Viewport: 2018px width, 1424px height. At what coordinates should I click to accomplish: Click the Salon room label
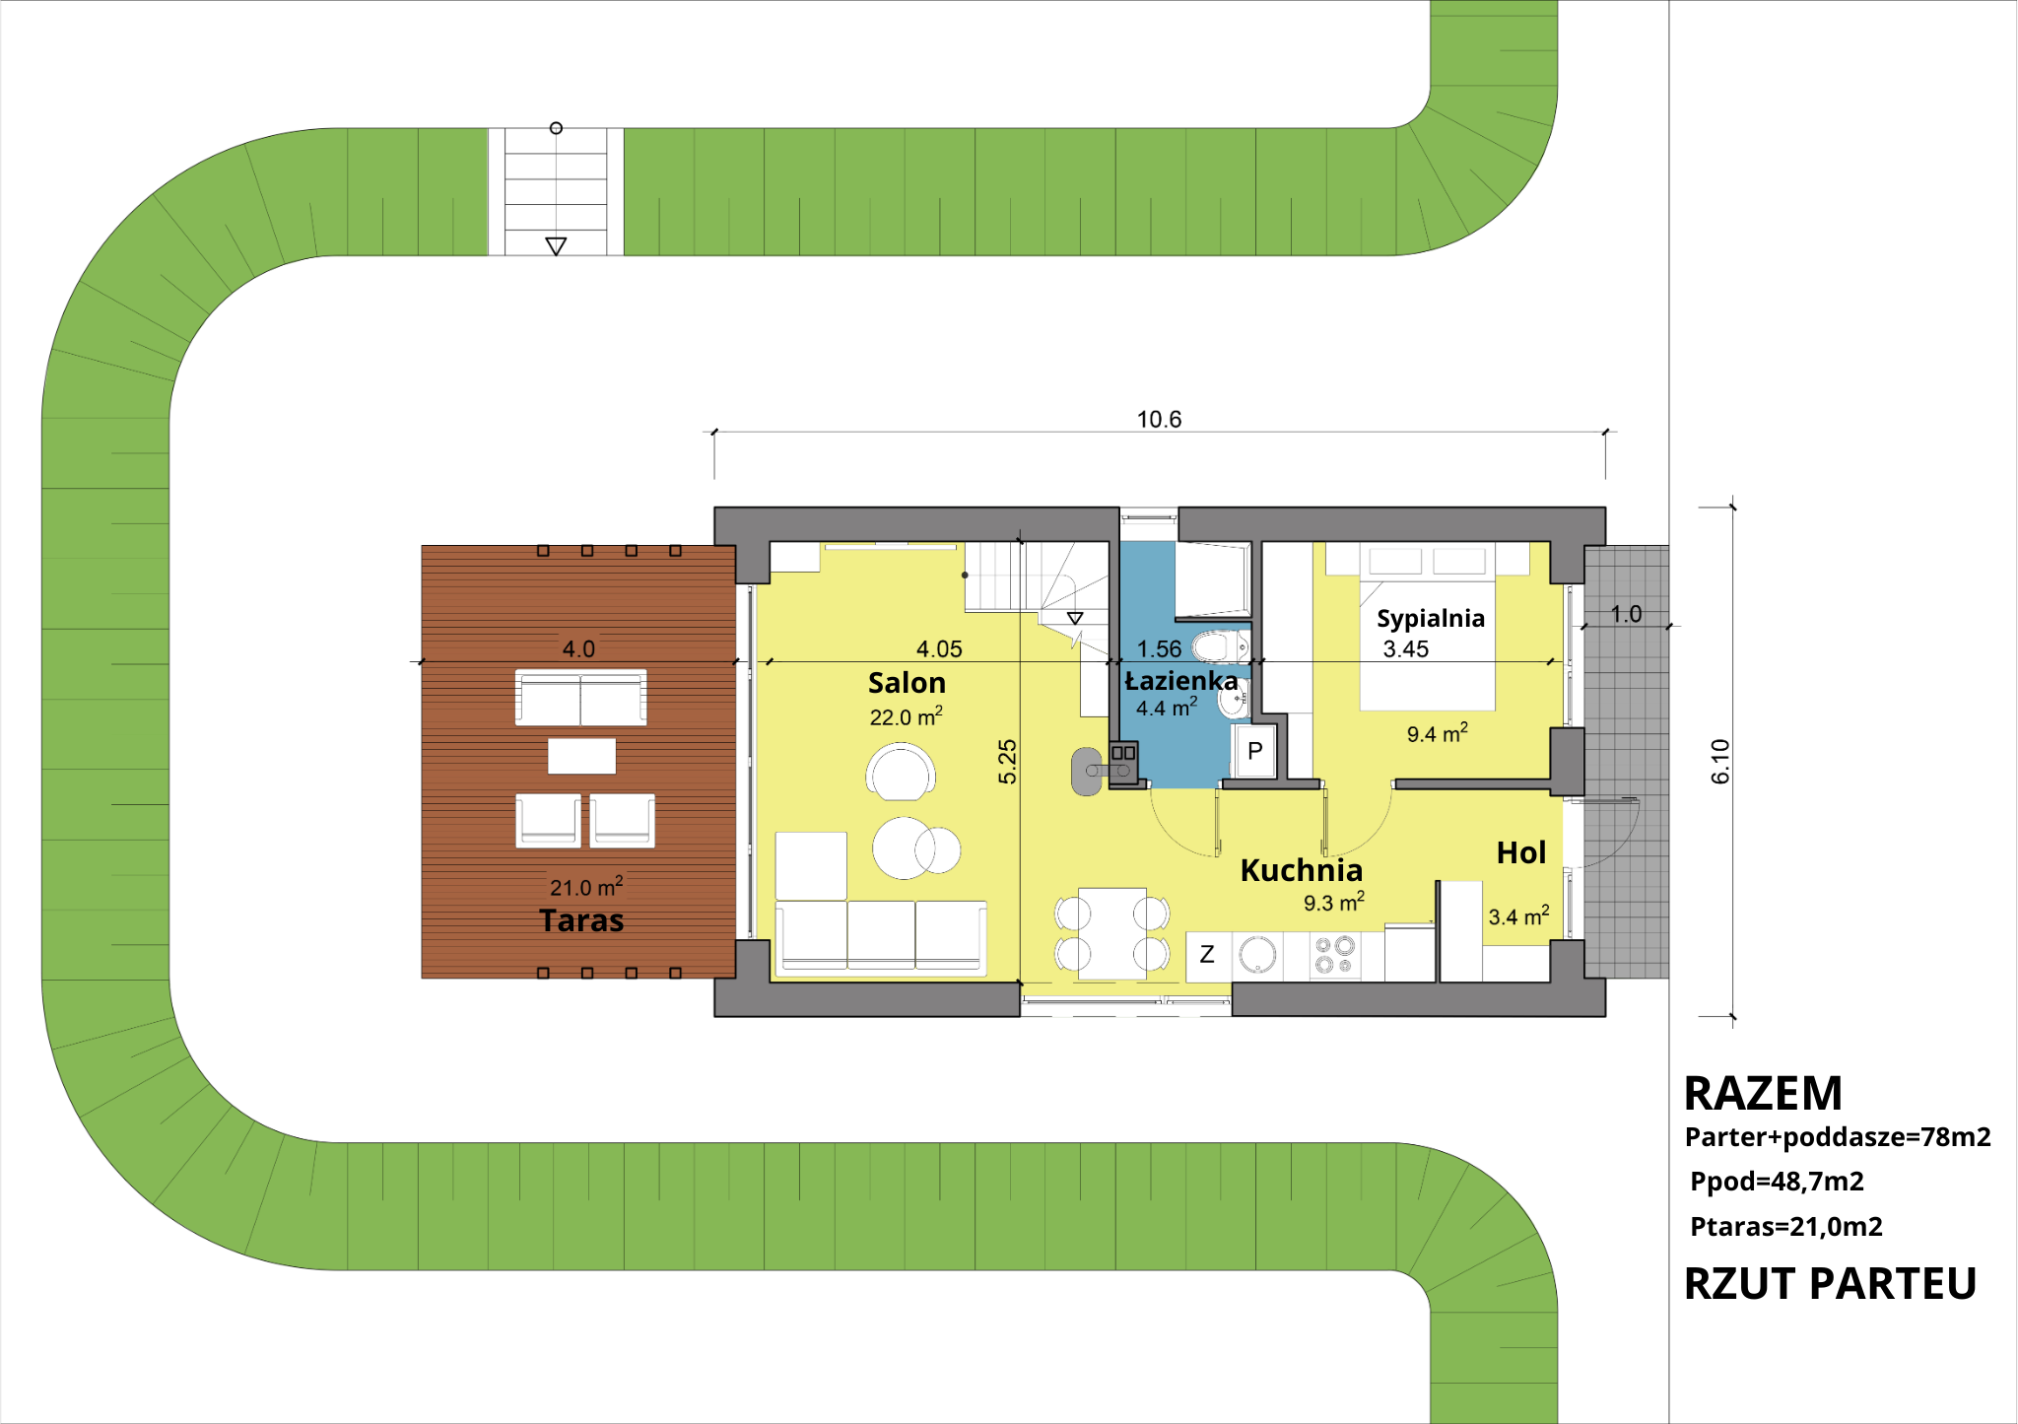pyautogui.click(x=907, y=683)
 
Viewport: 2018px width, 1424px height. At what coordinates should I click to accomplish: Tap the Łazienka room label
pyautogui.click(x=1180, y=680)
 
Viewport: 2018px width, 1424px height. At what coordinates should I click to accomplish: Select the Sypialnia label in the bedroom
pyautogui.click(x=1430, y=618)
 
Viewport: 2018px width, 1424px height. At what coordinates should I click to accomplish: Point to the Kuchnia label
pyautogui.click(x=1301, y=870)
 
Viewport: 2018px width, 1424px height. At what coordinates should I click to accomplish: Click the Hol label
pyautogui.click(x=1521, y=852)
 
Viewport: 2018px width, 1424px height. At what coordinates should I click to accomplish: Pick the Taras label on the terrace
pyautogui.click(x=581, y=920)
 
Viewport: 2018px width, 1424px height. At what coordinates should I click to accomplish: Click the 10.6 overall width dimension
pyautogui.click(x=1159, y=420)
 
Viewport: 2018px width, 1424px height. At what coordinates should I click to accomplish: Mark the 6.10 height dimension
pyautogui.click(x=1720, y=762)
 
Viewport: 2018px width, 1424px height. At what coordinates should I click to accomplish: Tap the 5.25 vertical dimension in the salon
pyautogui.click(x=1007, y=762)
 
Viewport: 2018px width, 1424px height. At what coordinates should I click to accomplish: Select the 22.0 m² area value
pyautogui.click(x=906, y=716)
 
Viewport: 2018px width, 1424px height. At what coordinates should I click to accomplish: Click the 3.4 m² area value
pyautogui.click(x=1518, y=915)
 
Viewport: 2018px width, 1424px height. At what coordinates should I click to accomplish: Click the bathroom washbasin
pyautogui.click(x=1235, y=700)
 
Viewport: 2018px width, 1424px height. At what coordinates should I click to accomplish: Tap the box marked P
pyautogui.click(x=1254, y=751)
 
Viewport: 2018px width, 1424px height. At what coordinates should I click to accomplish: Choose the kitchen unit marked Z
pyautogui.click(x=1208, y=955)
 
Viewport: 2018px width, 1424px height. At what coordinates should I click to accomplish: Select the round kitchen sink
pyautogui.click(x=1258, y=955)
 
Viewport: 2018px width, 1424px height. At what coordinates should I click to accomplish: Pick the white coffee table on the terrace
pyautogui.click(x=581, y=756)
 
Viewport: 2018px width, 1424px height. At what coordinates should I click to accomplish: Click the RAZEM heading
pyautogui.click(x=1763, y=1093)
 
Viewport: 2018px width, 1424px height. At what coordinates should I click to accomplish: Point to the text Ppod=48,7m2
pyautogui.click(x=1777, y=1182)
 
